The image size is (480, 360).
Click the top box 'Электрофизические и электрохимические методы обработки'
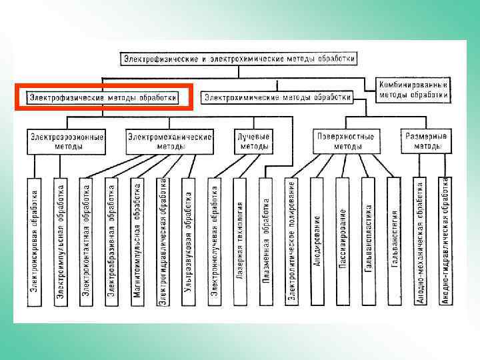[239, 59]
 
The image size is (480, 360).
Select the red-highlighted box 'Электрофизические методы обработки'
[103, 97]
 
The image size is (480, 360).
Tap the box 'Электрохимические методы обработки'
[277, 97]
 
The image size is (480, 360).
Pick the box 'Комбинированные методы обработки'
[413, 90]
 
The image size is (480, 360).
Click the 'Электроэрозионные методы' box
[66, 141]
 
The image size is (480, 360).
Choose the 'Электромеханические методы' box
[169, 141]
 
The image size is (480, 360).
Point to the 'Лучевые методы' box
[253, 141]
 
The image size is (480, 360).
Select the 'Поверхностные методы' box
[344, 141]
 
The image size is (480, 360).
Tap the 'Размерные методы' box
[426, 141]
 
